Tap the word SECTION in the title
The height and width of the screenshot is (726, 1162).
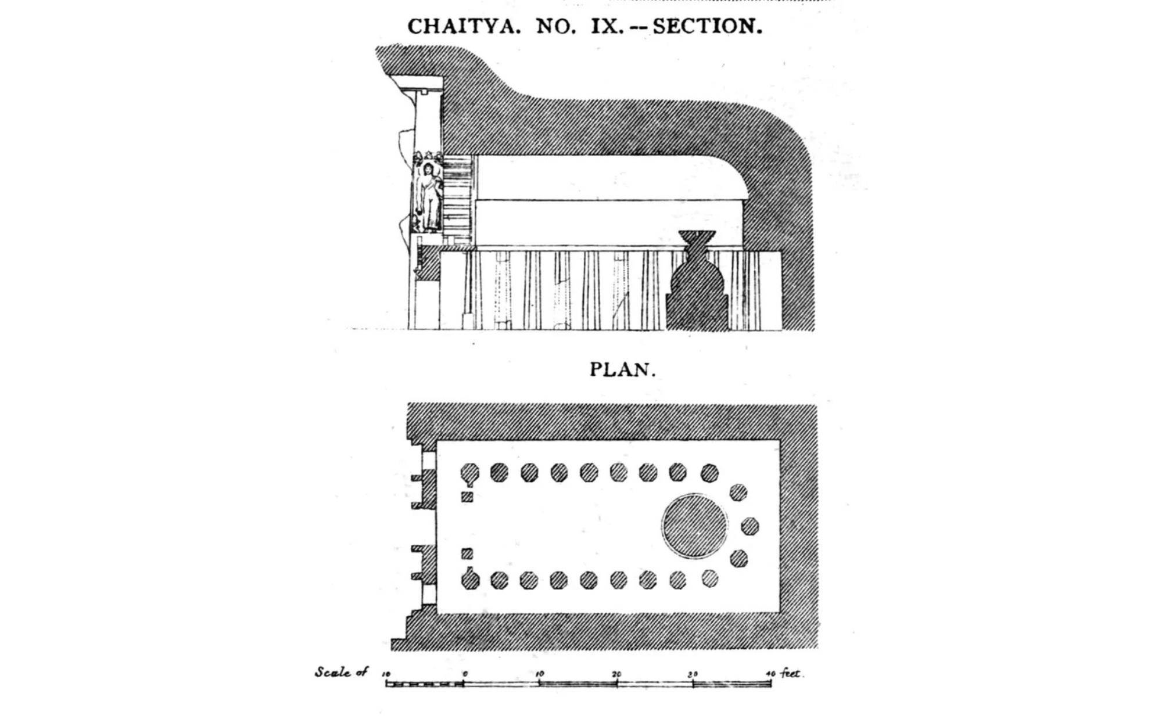tap(708, 26)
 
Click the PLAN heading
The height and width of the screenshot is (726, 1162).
tap(623, 369)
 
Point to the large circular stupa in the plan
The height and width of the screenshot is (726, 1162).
tap(694, 526)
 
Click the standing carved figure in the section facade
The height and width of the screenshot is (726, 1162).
tap(429, 197)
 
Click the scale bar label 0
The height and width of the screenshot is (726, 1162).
tap(465, 674)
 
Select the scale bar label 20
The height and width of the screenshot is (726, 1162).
tap(616, 674)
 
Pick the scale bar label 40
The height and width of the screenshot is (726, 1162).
tap(770, 674)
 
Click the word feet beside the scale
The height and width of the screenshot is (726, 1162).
tap(791, 673)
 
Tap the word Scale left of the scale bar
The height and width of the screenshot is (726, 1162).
tap(333, 672)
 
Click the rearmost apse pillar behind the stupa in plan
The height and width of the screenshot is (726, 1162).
tap(750, 526)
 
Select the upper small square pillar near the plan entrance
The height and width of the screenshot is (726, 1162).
tap(467, 497)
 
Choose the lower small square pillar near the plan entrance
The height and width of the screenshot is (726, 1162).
tap(467, 554)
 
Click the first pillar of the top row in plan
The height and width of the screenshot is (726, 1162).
tap(469, 473)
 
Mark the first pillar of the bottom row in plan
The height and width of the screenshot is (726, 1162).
tap(470, 580)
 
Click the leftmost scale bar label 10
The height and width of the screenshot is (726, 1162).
tap(386, 674)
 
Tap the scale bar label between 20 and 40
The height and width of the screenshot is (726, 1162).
tap(693, 674)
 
